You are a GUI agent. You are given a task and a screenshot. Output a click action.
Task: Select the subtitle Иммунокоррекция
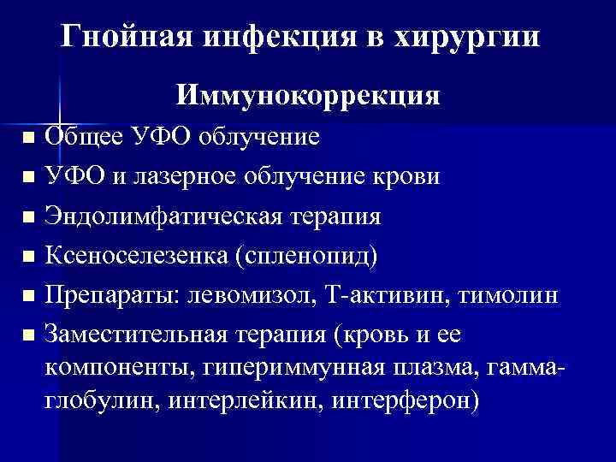(x=309, y=94)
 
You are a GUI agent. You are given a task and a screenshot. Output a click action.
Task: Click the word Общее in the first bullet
(x=85, y=137)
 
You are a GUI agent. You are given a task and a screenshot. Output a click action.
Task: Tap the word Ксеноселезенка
(x=134, y=256)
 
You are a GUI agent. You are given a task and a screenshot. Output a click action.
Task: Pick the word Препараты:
(x=108, y=295)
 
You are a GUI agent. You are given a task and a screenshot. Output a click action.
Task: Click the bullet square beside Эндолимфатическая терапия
(x=30, y=217)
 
